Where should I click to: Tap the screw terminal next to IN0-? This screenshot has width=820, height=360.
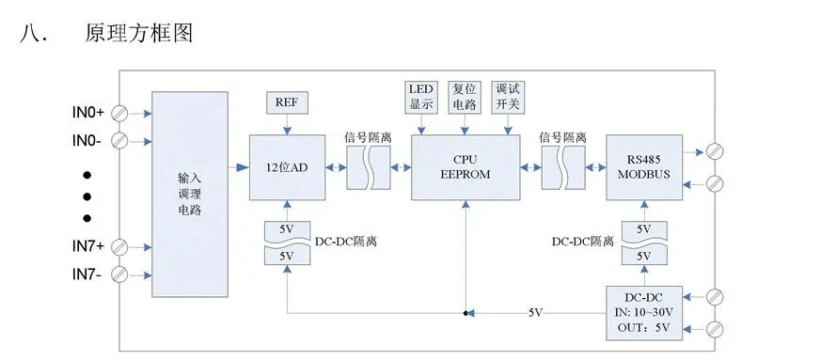(x=119, y=141)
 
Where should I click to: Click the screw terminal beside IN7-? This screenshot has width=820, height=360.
(x=119, y=274)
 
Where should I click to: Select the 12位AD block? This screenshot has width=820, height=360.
(x=286, y=166)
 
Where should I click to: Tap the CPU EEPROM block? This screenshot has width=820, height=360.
(x=465, y=166)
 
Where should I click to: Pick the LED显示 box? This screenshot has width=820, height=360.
(x=420, y=97)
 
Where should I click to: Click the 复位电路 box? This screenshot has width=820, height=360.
(x=465, y=97)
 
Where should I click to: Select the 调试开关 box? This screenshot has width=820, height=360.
(x=508, y=97)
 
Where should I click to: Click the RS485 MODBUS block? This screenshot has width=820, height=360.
(x=644, y=166)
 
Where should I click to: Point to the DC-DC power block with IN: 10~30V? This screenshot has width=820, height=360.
(x=644, y=313)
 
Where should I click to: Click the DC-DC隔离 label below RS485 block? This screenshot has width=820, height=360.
(x=582, y=242)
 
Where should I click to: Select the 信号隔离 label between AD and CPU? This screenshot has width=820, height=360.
(x=368, y=137)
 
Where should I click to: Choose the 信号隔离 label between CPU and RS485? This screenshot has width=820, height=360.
(x=562, y=137)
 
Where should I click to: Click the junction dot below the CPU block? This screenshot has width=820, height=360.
(x=465, y=312)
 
